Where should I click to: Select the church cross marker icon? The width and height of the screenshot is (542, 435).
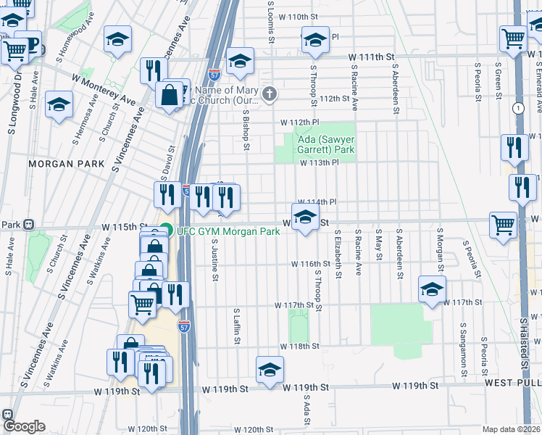270,93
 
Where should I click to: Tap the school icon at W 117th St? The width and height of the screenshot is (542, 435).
432,291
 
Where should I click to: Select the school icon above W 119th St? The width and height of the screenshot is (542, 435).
270,370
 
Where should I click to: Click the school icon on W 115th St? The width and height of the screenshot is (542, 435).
305,217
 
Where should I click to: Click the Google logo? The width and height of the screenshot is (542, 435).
24,426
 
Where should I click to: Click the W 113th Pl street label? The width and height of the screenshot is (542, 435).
320,163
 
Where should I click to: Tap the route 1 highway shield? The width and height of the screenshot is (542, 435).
517,107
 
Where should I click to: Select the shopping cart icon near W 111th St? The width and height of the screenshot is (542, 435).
513,39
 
